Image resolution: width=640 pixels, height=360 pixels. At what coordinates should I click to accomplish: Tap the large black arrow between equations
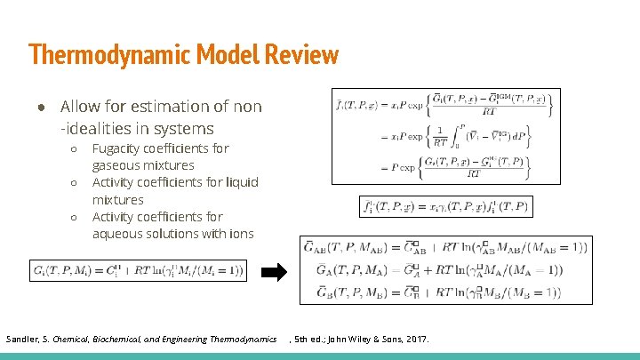(279, 271)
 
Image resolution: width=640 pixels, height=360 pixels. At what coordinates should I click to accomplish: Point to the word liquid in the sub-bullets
(237, 182)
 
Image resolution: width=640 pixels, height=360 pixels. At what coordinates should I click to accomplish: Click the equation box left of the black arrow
(139, 270)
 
